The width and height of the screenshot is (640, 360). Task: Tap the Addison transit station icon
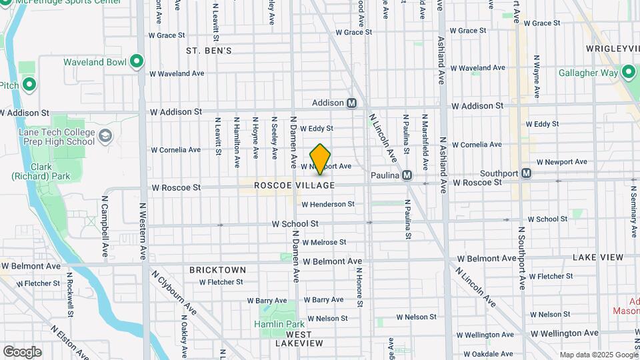coord(352,103)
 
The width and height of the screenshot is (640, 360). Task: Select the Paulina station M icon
coord(407,175)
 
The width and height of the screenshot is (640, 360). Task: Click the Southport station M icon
coord(526,173)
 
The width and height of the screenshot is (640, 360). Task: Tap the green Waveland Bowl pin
coord(137,62)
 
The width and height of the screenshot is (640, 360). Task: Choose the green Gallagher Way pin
coord(629,73)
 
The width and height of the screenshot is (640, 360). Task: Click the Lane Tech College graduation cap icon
coord(105,137)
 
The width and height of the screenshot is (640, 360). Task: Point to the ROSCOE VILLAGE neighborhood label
coord(294,185)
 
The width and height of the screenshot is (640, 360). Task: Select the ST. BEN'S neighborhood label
coord(209,51)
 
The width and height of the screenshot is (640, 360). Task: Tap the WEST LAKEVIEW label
coord(299,338)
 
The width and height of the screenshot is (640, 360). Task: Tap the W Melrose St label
coord(325,243)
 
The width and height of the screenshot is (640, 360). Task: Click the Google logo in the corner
coord(22,351)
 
